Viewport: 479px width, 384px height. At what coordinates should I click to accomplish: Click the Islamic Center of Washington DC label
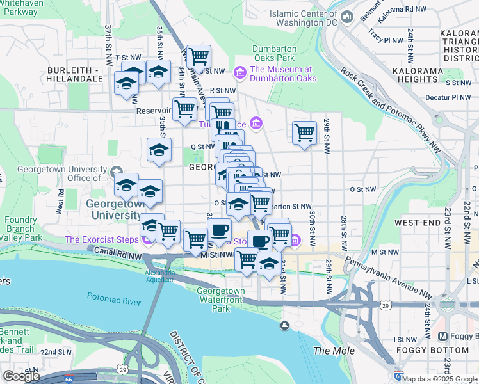[x=303, y=17]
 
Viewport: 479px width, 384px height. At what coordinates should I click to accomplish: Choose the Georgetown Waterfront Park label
[x=220, y=299]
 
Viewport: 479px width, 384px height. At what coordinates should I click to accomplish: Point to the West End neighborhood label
[x=417, y=222]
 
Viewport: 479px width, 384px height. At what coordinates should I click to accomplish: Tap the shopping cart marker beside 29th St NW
[x=305, y=133]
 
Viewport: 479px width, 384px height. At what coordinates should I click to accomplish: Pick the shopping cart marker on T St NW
[x=199, y=57]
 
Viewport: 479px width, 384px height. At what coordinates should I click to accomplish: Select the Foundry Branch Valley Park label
[x=22, y=228]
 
